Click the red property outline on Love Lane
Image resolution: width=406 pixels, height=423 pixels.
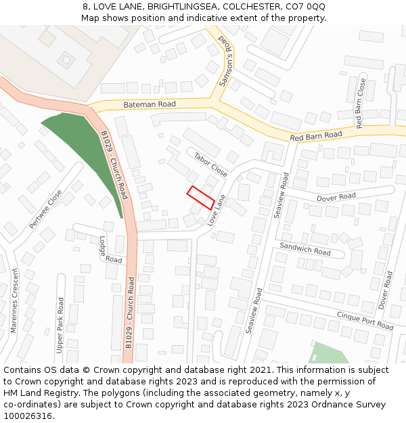[200, 197]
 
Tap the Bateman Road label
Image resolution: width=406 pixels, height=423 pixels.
[149, 105]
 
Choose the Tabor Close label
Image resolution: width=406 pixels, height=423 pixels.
[210, 163]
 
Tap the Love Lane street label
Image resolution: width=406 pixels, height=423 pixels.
[217, 211]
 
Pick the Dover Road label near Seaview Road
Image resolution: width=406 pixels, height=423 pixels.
[336, 197]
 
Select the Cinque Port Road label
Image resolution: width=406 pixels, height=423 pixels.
[365, 321]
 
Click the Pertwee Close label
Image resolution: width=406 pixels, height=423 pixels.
[45, 208]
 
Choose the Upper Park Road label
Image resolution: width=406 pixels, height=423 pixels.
[60, 325]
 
